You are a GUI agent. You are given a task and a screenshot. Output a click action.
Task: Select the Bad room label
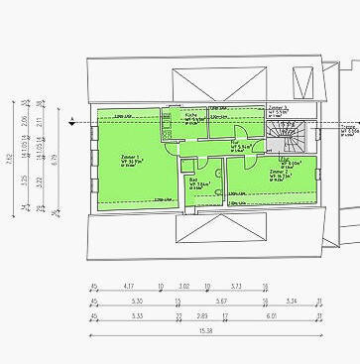[195, 183]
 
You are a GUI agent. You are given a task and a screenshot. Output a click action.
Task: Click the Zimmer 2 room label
[281, 171]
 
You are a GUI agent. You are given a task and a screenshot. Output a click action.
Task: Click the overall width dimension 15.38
[205, 330]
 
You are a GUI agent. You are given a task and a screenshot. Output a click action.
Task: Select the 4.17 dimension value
[128, 287]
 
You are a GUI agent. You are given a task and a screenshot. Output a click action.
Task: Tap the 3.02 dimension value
[183, 287]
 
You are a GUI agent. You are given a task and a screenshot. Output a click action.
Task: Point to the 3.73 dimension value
[236, 287]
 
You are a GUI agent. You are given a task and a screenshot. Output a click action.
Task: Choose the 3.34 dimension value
[292, 301]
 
